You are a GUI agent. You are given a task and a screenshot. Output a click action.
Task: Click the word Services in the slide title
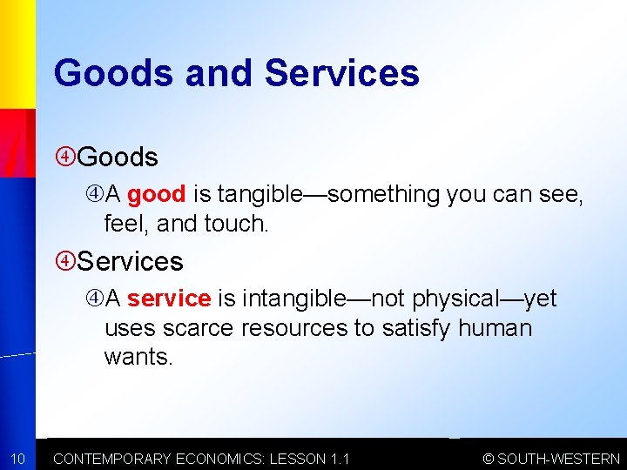[341, 73]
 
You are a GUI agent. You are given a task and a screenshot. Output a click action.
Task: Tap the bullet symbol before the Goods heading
[65, 158]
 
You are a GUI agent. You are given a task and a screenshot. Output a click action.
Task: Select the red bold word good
[156, 194]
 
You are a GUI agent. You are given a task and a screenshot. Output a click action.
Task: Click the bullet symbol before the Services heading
[65, 261]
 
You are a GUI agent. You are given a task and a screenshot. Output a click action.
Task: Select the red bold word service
[168, 299]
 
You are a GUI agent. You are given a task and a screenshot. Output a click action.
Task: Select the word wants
[138, 358]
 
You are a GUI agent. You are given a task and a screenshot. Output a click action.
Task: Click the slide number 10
[17, 459]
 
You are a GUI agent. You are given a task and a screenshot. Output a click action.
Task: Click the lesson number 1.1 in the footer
[338, 459]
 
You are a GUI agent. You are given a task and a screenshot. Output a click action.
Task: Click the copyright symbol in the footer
[489, 459]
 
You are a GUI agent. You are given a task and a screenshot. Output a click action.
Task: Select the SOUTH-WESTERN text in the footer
[558, 459]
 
